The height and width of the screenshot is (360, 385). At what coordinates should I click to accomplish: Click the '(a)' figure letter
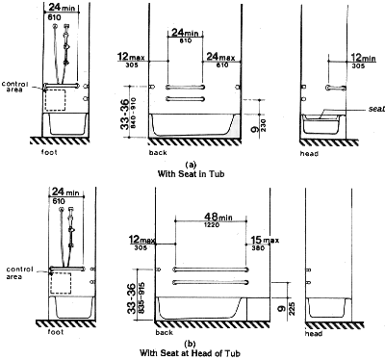pos(193,163)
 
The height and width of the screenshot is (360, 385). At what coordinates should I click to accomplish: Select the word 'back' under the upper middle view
pos(160,153)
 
